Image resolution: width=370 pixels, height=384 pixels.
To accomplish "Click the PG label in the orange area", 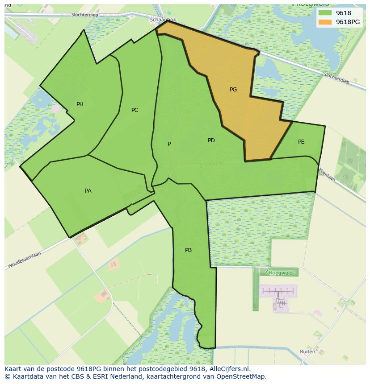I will coord(233,90).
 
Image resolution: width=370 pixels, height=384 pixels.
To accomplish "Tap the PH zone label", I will coord(80,104).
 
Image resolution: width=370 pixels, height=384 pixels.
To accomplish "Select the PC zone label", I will coord(135,110).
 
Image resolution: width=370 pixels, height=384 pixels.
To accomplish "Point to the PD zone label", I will coord(211,140).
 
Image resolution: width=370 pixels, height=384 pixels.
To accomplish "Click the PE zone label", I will coord(301,142).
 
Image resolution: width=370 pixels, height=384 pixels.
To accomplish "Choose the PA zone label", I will coord(88,191).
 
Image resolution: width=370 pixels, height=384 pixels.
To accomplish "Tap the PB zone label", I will coord(188,250).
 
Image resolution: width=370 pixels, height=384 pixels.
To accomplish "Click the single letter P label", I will coord(169,144).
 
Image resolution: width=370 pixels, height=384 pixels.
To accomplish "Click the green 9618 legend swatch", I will coord(325,13).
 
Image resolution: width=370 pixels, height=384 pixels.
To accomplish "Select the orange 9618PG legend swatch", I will coord(325,22).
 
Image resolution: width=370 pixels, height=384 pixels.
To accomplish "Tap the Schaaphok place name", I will coord(163,20).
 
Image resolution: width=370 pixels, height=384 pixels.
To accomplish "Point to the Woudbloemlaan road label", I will coord(25,260).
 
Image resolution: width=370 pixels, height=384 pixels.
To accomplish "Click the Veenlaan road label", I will coord(327,174).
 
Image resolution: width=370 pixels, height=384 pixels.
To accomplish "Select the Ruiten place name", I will coord(307,351).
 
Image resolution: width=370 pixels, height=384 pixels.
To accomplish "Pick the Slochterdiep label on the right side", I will coord(336,78).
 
